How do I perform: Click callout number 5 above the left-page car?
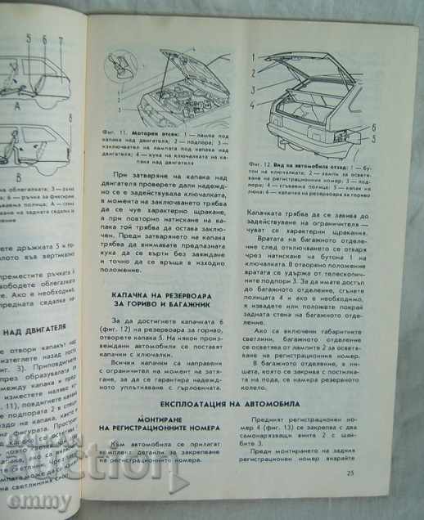click(28, 38)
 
